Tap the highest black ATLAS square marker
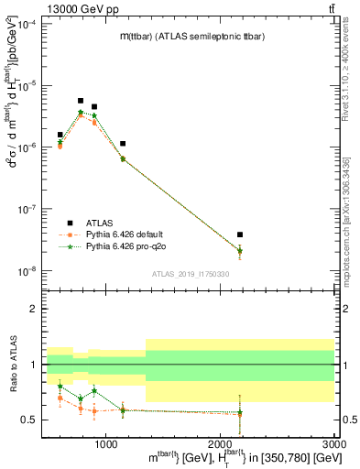click(x=81, y=101)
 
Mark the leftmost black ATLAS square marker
click(x=60, y=135)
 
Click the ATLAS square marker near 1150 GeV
click(x=123, y=144)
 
